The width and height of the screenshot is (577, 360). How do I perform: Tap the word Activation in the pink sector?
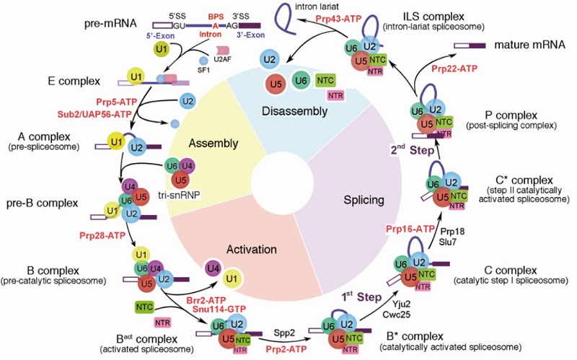[251, 250]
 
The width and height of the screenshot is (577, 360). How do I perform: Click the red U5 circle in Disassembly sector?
[273, 84]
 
